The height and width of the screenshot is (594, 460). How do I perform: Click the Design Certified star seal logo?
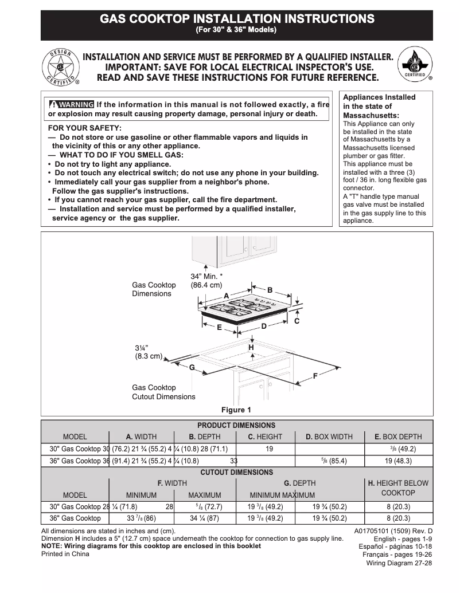pos(61,66)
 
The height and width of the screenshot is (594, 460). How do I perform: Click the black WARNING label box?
pos(72,104)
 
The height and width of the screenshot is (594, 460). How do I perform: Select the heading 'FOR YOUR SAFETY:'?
pos(84,128)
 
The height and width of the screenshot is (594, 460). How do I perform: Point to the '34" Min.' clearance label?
pos(206,276)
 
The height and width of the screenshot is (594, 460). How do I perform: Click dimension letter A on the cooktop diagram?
pos(226,295)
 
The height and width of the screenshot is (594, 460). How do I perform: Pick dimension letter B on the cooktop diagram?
pos(270,290)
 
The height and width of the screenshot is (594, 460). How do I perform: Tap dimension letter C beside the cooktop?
pos(297,321)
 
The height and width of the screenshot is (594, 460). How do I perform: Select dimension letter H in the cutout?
pos(251,348)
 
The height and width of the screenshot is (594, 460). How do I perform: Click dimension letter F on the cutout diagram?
pos(315,376)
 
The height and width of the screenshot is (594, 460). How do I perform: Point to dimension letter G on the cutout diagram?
pos(192,367)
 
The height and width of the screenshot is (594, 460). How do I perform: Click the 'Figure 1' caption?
pos(236,410)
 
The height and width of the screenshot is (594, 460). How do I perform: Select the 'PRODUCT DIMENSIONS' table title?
pos(236,425)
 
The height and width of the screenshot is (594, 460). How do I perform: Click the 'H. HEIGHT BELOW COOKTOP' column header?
pos(398,488)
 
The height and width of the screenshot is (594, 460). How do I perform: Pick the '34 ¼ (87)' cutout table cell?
pos(204,518)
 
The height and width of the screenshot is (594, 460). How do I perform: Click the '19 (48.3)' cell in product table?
pos(398,461)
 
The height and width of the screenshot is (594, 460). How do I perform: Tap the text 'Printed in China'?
pos(65,554)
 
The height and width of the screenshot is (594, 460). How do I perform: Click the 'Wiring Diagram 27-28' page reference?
pos(399,563)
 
